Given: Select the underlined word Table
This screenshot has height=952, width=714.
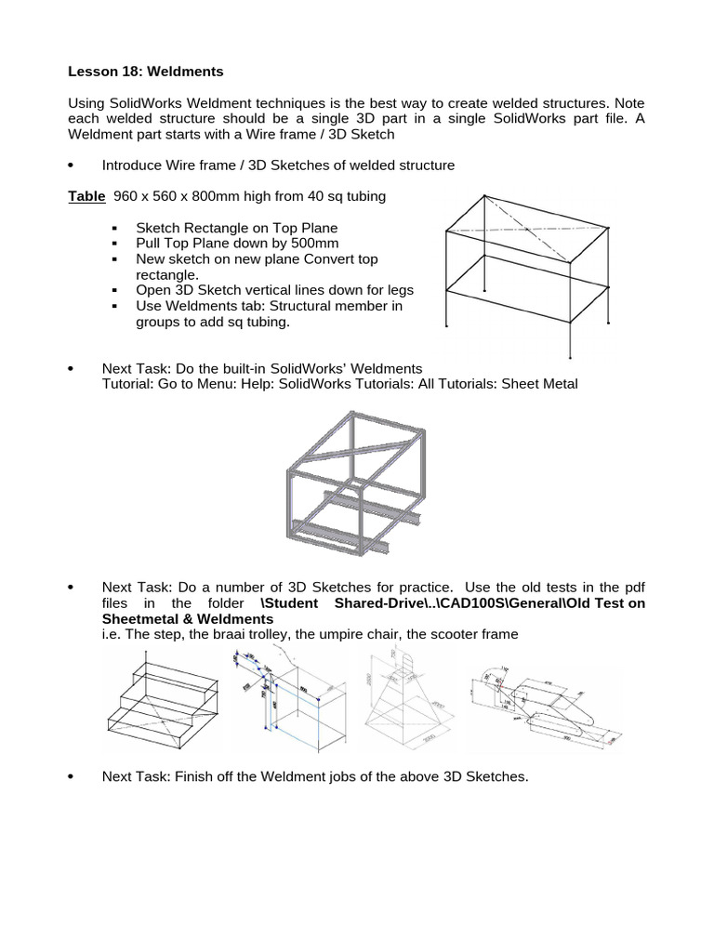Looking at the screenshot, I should point(87,196).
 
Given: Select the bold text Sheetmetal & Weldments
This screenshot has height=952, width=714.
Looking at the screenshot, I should point(175,618).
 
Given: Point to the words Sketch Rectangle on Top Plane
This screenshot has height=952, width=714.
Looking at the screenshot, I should point(236,228).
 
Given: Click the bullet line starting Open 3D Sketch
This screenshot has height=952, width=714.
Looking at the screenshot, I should point(274,290).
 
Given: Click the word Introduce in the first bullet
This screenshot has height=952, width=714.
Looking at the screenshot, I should point(134,165).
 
